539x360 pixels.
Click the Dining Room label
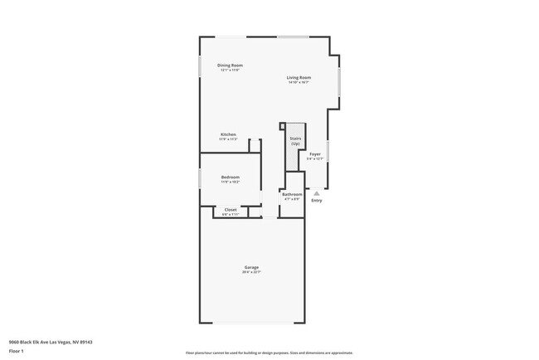click(x=230, y=65)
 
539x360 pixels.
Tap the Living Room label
click(x=299, y=77)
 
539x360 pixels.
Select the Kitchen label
click(x=228, y=134)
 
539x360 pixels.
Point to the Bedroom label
click(x=230, y=177)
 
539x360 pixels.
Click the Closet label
click(x=231, y=209)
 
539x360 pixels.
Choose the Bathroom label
click(x=291, y=194)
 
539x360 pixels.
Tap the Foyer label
click(x=315, y=154)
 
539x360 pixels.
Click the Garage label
click(x=251, y=267)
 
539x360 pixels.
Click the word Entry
click(x=317, y=201)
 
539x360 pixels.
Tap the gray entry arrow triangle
click(x=316, y=193)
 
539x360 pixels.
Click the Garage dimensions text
click(x=251, y=272)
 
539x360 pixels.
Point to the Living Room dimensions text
click(x=299, y=82)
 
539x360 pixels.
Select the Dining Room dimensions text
click(x=230, y=70)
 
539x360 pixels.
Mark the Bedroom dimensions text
click(x=230, y=182)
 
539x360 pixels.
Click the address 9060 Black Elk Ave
click(x=51, y=341)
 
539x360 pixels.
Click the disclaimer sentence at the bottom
click(x=269, y=352)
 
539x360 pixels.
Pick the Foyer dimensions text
click(x=315, y=159)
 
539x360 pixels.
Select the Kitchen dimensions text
click(x=228, y=139)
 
